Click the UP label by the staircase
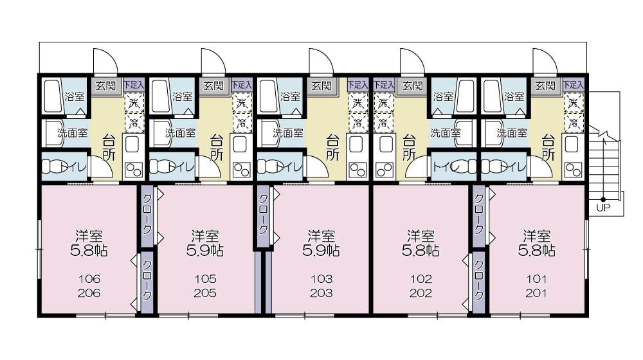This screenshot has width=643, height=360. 602,208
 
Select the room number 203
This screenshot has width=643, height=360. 321,293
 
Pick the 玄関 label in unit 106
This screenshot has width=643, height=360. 105,85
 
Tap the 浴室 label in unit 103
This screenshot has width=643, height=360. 290,97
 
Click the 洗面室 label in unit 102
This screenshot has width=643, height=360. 445,134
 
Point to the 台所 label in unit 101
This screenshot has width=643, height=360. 548,147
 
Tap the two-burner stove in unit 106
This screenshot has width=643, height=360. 134,170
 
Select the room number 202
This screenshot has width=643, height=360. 421,293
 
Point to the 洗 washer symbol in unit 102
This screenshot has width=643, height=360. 384,102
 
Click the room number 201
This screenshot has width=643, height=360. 536,293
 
